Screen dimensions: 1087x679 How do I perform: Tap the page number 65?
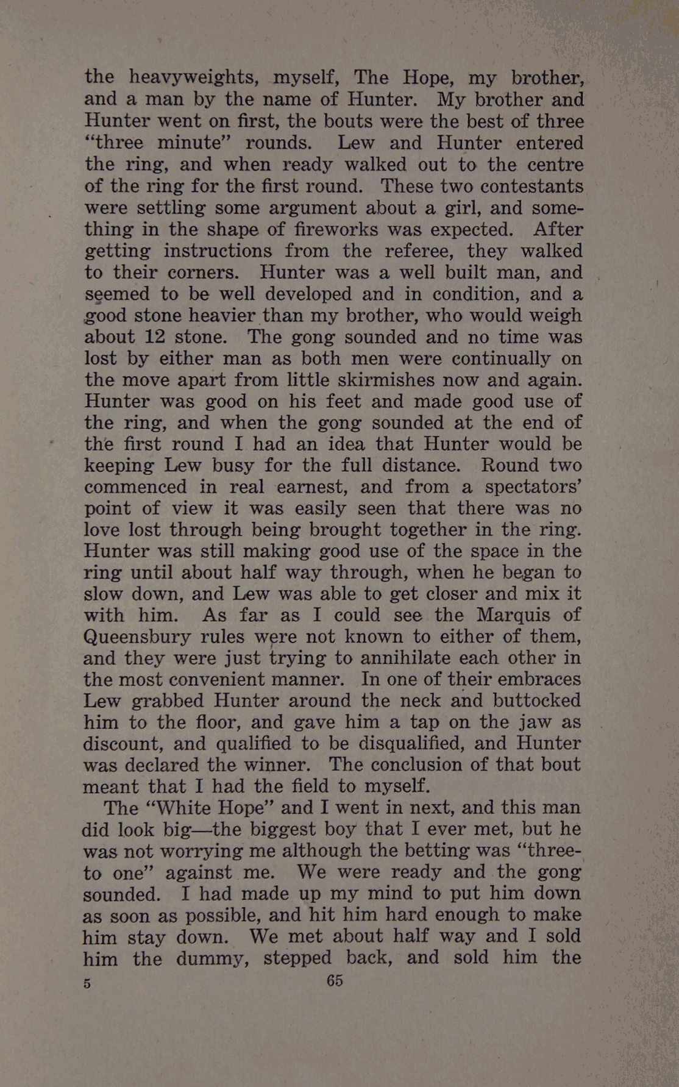point(335,980)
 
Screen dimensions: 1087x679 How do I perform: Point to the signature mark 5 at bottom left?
point(87,983)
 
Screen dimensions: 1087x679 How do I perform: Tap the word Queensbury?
point(137,637)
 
